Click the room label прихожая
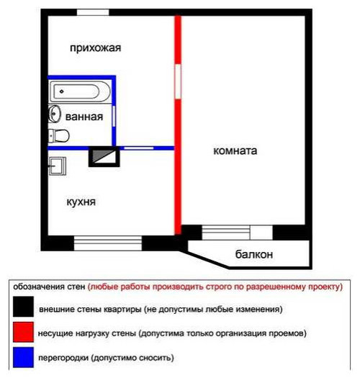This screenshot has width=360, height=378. [96, 48]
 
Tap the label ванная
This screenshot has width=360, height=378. [84, 117]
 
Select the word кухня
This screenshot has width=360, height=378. [81, 202]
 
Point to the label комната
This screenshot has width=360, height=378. [235, 150]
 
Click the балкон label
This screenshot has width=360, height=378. [254, 254]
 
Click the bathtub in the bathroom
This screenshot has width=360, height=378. [80, 91]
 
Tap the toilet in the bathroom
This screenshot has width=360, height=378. [58, 136]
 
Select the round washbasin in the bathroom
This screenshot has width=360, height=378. [54, 114]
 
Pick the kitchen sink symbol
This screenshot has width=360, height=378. [58, 166]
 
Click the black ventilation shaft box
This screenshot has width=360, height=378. [104, 156]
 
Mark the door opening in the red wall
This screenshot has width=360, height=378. [178, 81]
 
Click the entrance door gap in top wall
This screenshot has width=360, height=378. [93, 12]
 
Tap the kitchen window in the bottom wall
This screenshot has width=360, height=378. [108, 243]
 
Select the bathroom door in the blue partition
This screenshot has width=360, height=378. [114, 116]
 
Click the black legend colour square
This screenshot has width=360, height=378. [23, 307]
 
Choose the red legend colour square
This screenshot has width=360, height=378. [23, 332]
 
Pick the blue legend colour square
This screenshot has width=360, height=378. [23, 357]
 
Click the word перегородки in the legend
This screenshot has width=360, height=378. [63, 359]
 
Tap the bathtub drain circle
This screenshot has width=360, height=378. [62, 91]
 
